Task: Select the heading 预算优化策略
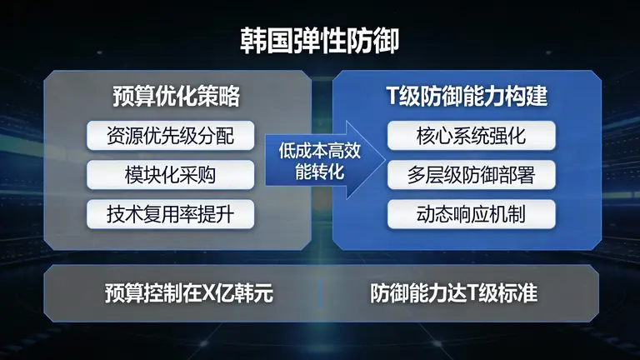pyautogui.click(x=176, y=97)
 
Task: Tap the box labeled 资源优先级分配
pyautogui.click(x=170, y=135)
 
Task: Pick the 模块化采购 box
pyautogui.click(x=170, y=175)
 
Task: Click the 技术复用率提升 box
pyautogui.click(x=170, y=214)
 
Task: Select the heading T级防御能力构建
pyautogui.click(x=466, y=97)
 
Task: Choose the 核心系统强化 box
pyautogui.click(x=472, y=135)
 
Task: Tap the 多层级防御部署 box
pyautogui.click(x=472, y=175)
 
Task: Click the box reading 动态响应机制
pyautogui.click(x=472, y=214)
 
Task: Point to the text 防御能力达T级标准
pyautogui.click(x=453, y=293)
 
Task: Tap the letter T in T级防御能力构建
pyautogui.click(x=392, y=97)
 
